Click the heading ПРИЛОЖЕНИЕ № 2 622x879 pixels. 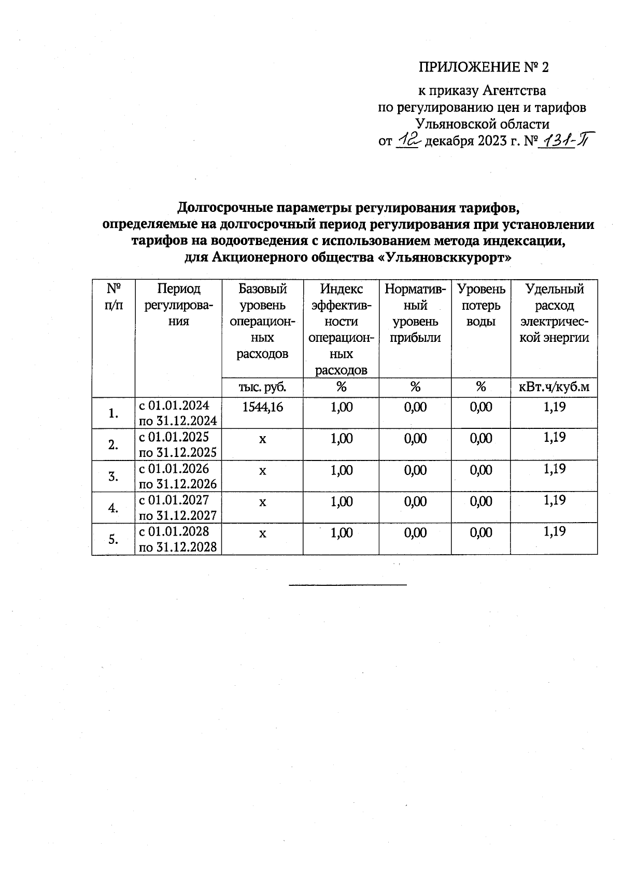pos(483,67)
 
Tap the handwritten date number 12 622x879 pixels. pos(409,140)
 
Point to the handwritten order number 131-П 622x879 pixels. pos(566,140)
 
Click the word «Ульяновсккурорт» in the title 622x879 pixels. pos(442,257)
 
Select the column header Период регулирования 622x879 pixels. pos(178,305)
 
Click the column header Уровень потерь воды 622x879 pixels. pos(481,305)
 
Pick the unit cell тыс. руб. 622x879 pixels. pos(262,387)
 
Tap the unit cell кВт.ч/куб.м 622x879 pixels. pos(554,387)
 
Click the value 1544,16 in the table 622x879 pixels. pos(262,407)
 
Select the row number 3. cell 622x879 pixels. pos(113,477)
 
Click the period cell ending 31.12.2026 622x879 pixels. pos(178,477)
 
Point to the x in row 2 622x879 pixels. pos(262,440)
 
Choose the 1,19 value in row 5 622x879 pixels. pos(554,532)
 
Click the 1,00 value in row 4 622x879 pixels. pos(341,501)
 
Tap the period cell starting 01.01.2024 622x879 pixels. pos(178,413)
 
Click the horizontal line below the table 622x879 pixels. pos(348,585)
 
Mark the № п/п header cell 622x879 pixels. pos(113,296)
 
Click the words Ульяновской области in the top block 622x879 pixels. pos(483,124)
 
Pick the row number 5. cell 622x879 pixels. pos(113,539)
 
